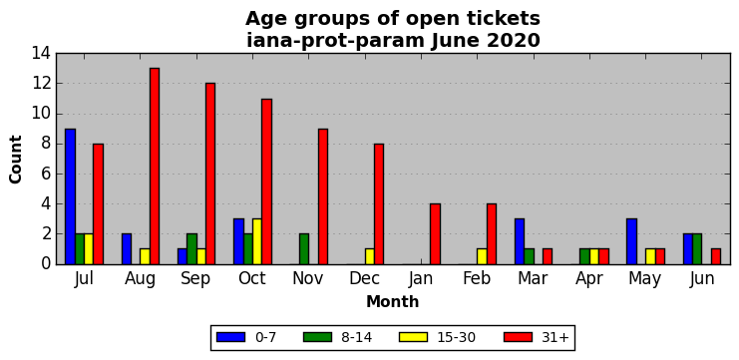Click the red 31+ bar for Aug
coord(155,167)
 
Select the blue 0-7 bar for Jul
coord(70,196)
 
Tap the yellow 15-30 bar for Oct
coord(257,241)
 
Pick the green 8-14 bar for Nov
coord(304,249)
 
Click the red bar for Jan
coord(435,234)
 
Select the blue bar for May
coord(631,241)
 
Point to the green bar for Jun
coord(697,249)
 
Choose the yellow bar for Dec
coord(369,257)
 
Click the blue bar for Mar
coord(520,241)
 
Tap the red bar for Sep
coord(210,174)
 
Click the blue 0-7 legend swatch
coord(231,337)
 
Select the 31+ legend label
coord(554,337)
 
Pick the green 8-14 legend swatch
coord(318,337)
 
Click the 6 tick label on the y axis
coord(47,174)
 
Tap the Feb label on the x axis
coord(477,278)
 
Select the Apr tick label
coord(589,279)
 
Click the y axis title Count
coord(16,160)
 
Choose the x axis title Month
coord(393,301)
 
